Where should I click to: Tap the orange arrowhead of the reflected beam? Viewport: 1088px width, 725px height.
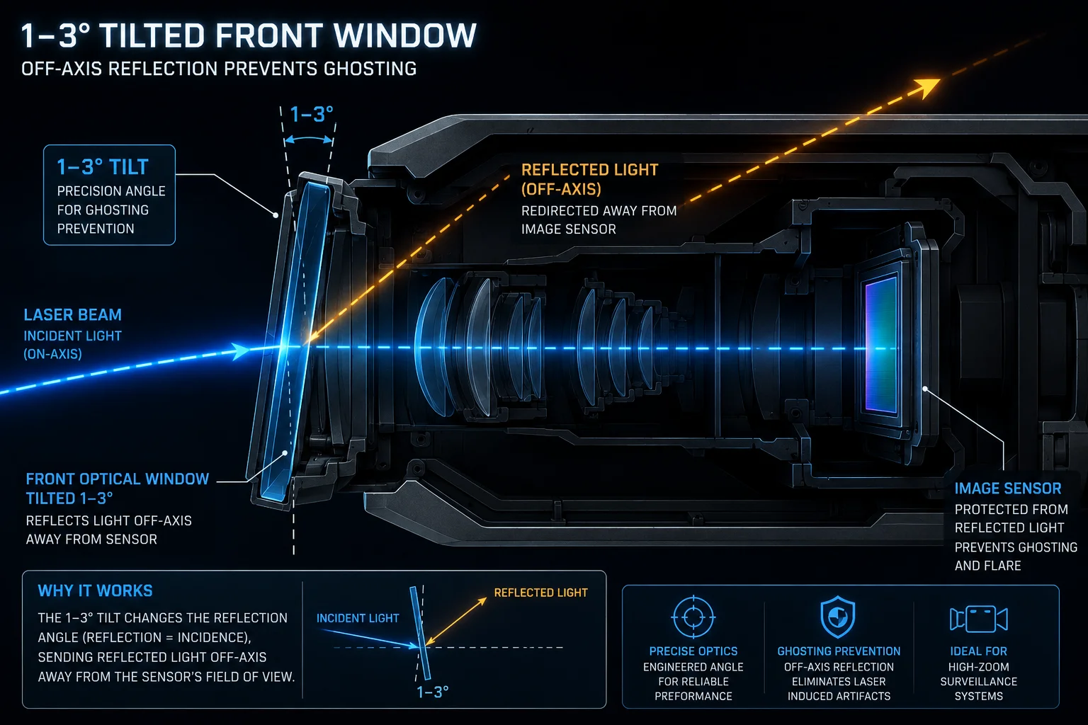click(925, 88)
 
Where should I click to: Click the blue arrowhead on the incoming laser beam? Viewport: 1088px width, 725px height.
click(240, 350)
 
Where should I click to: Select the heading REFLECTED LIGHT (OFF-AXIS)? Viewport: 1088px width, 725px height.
click(589, 179)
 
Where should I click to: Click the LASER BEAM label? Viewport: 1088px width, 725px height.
click(73, 314)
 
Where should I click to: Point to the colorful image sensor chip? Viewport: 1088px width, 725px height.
click(880, 346)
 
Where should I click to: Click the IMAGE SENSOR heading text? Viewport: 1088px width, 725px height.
click(1008, 488)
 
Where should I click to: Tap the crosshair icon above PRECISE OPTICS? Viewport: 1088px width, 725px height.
click(693, 617)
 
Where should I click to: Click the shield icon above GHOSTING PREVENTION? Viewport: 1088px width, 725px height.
click(838, 617)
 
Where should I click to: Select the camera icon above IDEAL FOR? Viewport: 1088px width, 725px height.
click(978, 619)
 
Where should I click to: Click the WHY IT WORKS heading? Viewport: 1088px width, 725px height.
click(95, 590)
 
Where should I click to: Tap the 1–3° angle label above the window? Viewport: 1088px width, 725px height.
click(312, 115)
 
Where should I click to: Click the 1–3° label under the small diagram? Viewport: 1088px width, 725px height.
click(432, 692)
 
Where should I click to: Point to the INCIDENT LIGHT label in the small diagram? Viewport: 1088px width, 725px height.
click(358, 618)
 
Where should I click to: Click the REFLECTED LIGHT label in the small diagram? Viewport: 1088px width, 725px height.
click(540, 593)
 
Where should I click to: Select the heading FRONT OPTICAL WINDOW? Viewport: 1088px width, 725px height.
click(118, 479)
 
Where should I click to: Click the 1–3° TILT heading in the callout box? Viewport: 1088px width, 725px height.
click(103, 167)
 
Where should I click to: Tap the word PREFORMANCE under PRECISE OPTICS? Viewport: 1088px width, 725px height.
click(693, 696)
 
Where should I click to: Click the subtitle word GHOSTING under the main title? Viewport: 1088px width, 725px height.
click(370, 69)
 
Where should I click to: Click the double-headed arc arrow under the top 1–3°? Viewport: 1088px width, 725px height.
click(309, 139)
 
